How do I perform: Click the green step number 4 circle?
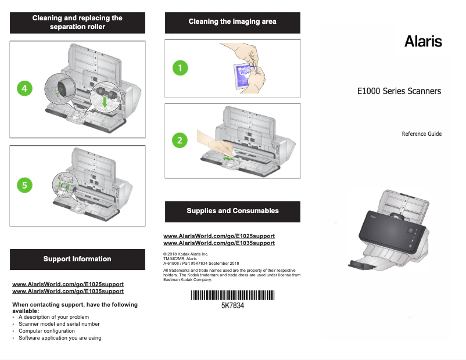24,88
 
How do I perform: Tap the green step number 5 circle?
24,185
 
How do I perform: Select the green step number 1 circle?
180,68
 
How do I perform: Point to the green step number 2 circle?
180,140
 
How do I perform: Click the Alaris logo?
423,41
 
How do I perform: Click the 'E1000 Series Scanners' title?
399,91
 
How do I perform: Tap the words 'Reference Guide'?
422,134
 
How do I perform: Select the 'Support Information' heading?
77,259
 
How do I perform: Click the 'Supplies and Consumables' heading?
232,211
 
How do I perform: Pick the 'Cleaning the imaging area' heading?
232,21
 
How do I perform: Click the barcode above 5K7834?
232,295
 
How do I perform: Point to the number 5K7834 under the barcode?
232,305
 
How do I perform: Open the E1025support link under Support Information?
68,285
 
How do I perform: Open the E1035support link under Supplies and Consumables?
219,243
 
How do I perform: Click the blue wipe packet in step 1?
242,75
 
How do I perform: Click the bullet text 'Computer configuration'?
46,331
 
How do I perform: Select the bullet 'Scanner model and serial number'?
59,324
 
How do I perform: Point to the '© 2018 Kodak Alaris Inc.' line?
186,254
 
